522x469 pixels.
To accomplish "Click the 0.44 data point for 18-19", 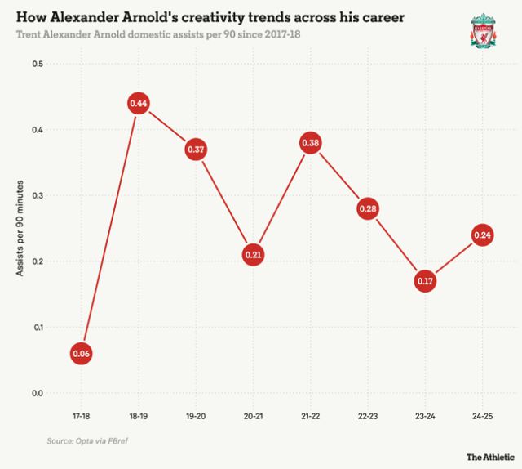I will tap(138, 104).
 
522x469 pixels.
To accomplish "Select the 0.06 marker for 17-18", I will tap(81, 354).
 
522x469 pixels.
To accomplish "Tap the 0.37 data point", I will tap(195, 150).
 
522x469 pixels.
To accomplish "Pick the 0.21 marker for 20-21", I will tap(252, 255).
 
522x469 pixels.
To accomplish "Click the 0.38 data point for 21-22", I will tap(310, 143).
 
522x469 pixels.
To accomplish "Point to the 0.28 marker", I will tap(367, 209).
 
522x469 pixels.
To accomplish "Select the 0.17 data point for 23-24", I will tap(424, 282).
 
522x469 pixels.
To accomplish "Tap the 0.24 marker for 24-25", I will tap(482, 235).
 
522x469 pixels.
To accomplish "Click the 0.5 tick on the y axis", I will tap(38, 65).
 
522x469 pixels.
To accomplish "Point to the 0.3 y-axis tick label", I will tap(38, 196).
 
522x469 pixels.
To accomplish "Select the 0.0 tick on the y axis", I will tap(38, 393).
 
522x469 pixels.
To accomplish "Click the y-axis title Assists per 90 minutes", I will tap(20, 229).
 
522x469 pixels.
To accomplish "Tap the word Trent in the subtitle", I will tap(30, 35).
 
